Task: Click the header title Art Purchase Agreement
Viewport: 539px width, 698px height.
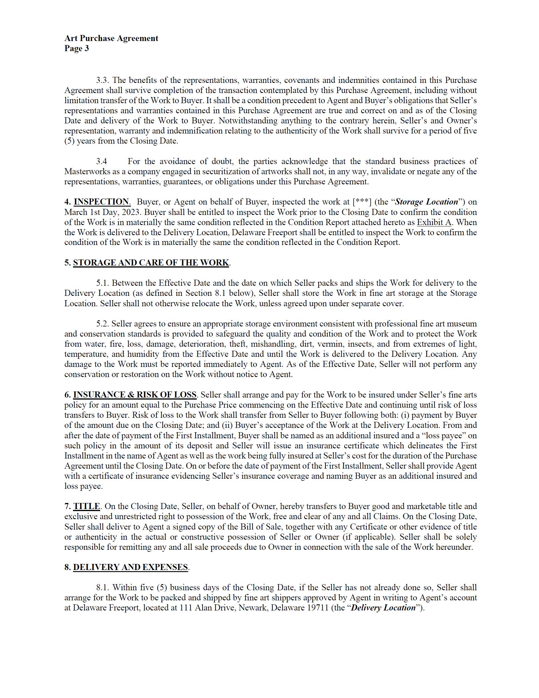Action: (111, 38)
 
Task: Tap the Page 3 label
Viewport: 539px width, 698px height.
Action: (76, 49)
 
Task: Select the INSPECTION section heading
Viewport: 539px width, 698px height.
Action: (102, 202)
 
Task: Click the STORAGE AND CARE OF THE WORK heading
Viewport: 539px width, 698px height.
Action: (151, 263)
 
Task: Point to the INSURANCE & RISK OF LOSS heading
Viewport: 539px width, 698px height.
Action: (135, 395)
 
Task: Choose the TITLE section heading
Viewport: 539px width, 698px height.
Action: (87, 506)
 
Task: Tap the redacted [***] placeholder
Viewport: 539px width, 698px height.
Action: (362, 202)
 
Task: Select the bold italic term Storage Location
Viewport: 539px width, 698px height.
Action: (426, 202)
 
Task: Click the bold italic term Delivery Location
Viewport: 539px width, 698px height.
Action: (383, 608)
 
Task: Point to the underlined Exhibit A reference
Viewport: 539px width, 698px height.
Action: (434, 222)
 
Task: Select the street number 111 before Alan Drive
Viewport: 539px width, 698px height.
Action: (186, 608)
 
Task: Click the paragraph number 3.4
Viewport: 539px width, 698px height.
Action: (102, 161)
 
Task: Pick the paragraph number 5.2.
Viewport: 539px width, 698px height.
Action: (102, 324)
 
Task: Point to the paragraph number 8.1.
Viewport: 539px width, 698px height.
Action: (102, 587)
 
